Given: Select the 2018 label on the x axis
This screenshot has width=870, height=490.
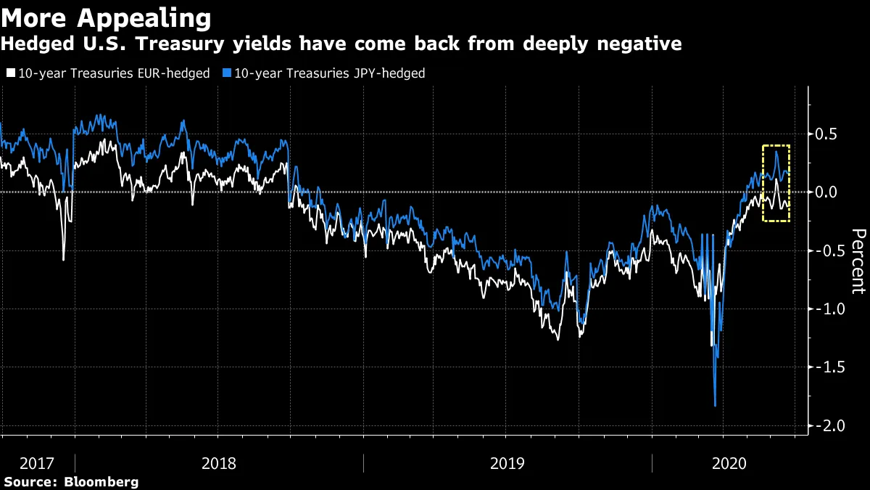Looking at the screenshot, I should point(217,462).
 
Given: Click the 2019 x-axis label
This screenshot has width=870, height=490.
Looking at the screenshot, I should point(507,462).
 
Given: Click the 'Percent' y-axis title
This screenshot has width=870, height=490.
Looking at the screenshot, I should point(858,261).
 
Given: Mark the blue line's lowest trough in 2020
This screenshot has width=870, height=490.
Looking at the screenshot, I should point(716,405).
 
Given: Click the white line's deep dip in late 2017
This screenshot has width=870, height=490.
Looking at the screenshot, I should point(63,259).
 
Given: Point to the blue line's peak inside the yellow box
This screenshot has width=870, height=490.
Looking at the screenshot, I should point(776,151).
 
